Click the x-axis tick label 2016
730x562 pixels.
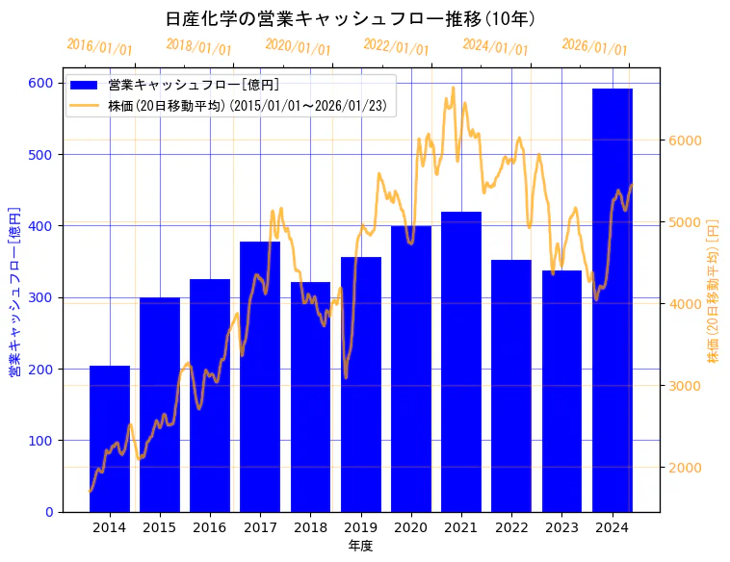[210, 527]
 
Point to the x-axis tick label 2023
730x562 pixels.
[561, 527]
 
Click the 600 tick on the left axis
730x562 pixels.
[39, 83]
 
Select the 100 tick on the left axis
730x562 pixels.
[39, 441]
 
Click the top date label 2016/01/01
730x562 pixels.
[99, 47]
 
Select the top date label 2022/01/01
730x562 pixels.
[396, 47]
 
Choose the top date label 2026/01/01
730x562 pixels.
[594, 47]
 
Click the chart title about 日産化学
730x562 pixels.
[351, 19]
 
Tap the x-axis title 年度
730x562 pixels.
[360, 546]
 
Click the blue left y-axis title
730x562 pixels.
[14, 293]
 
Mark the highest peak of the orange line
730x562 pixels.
[453, 88]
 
